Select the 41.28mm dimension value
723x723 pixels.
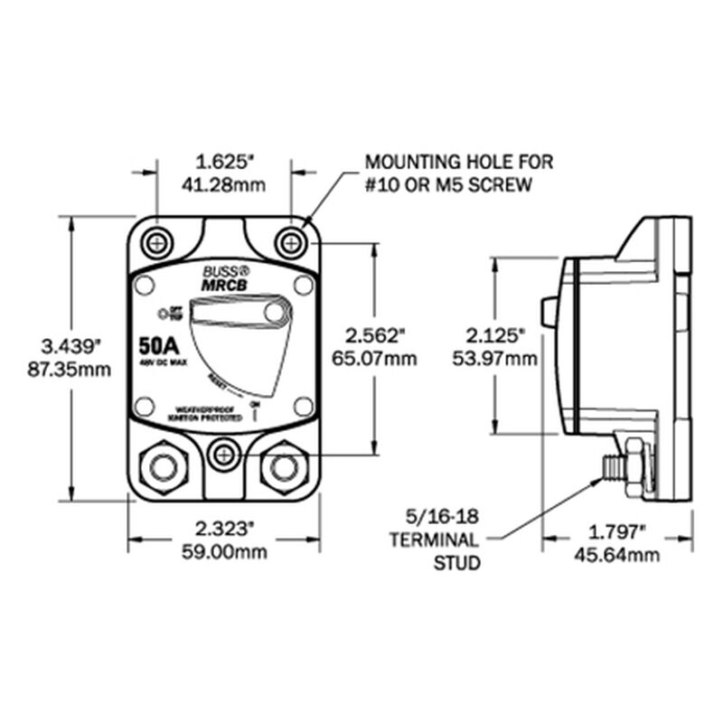224,185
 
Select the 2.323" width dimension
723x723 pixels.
224,527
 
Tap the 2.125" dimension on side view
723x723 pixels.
495,334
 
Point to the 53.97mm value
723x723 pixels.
495,358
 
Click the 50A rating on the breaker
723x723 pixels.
158,347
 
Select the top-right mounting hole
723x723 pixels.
290,241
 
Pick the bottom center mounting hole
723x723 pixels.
223,453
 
